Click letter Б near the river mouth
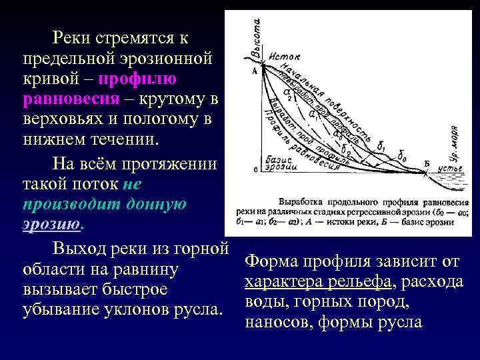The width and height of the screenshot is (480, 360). pyautogui.click(x=426, y=163)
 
